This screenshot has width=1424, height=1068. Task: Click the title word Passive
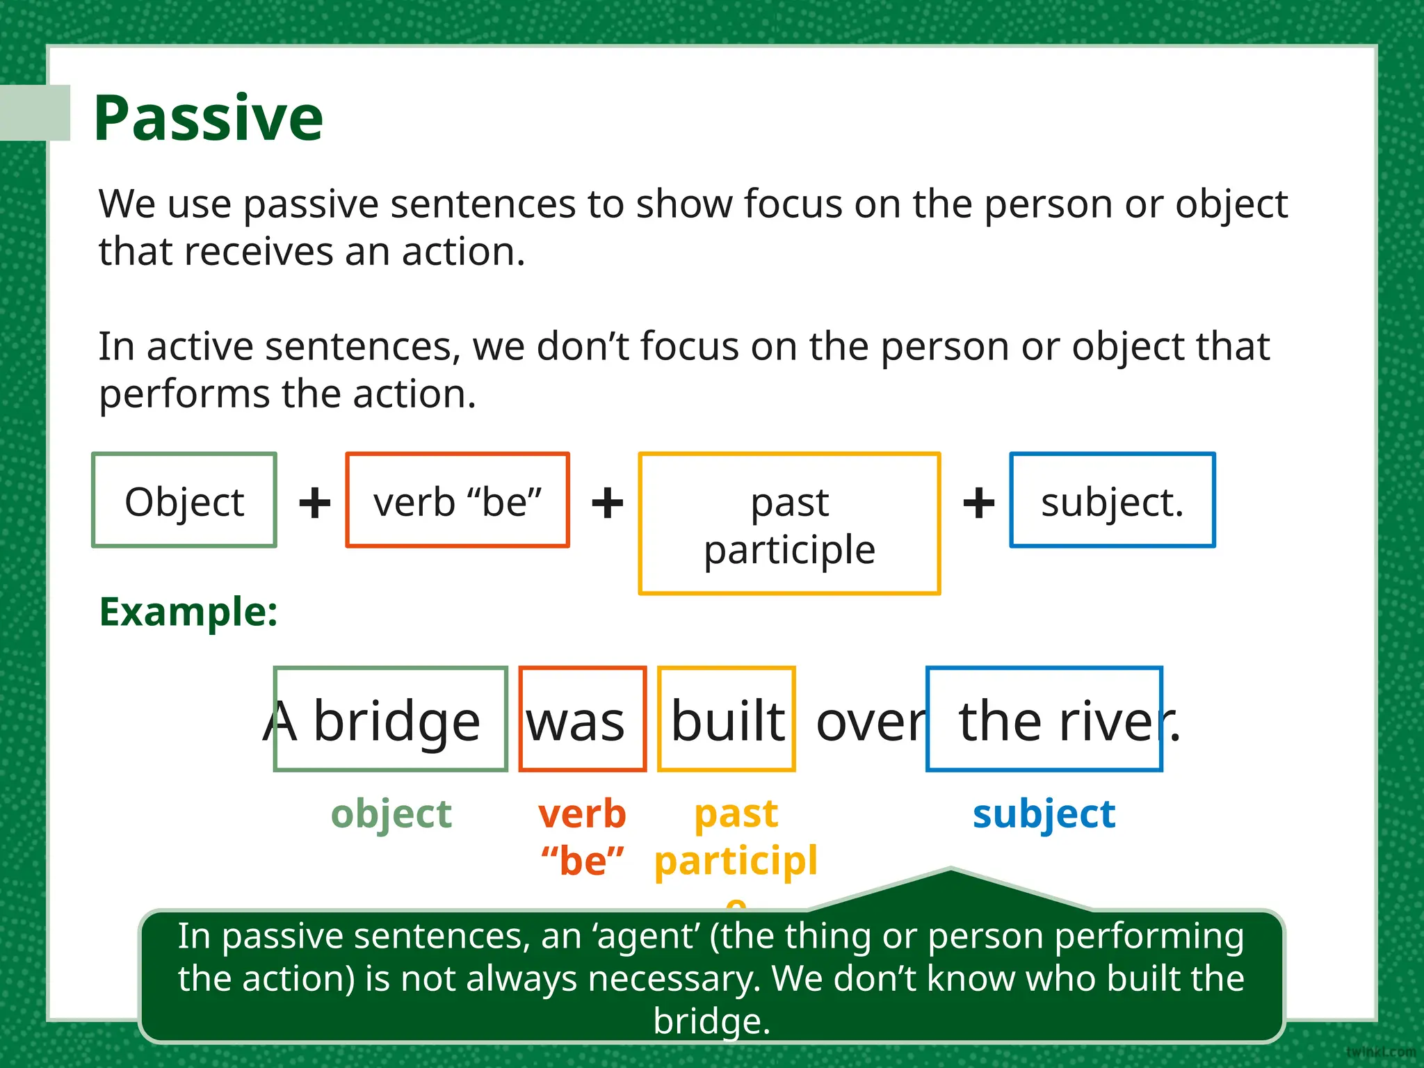click(x=209, y=118)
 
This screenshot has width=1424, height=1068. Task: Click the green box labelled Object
click(x=184, y=501)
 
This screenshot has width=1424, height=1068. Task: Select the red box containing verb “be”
click(x=457, y=501)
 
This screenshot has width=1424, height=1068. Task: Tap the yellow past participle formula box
click(x=789, y=524)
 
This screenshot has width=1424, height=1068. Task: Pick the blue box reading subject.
click(x=1112, y=501)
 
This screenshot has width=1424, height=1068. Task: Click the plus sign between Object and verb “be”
click(x=314, y=503)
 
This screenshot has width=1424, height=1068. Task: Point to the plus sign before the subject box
click(x=978, y=503)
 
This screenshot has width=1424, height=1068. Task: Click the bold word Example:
click(x=188, y=613)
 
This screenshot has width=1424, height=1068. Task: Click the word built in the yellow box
click(x=727, y=721)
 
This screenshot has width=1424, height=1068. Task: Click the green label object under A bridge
click(x=391, y=814)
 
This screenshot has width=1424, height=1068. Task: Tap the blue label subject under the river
click(x=1044, y=814)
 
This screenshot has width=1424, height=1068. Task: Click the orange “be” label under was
click(x=583, y=861)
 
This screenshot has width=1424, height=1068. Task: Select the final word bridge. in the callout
click(x=712, y=1021)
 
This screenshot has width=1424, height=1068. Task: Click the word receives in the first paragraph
click(x=262, y=252)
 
